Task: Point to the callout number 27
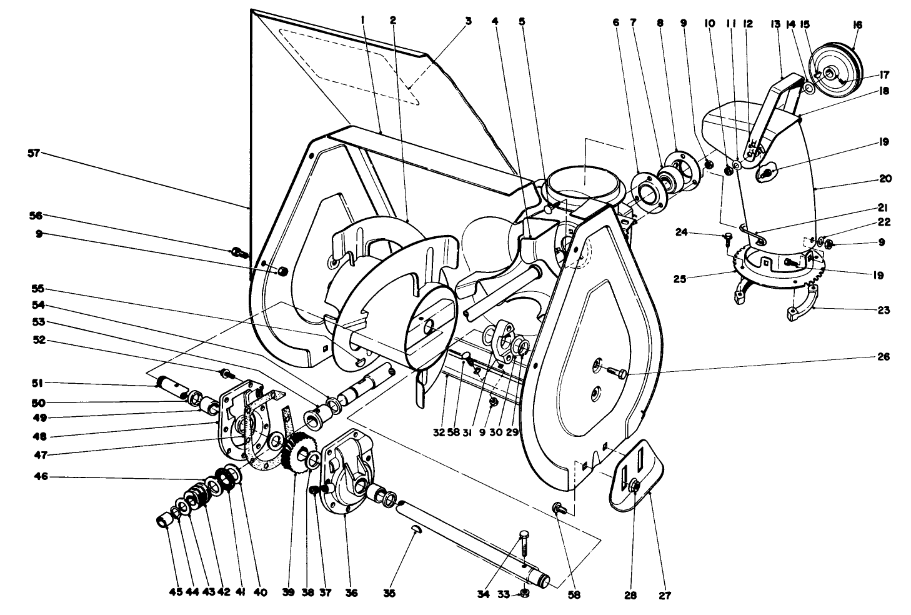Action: pos(664,595)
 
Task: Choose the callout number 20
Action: pos(885,178)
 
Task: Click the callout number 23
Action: pos(884,309)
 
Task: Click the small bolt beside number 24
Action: pos(727,236)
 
